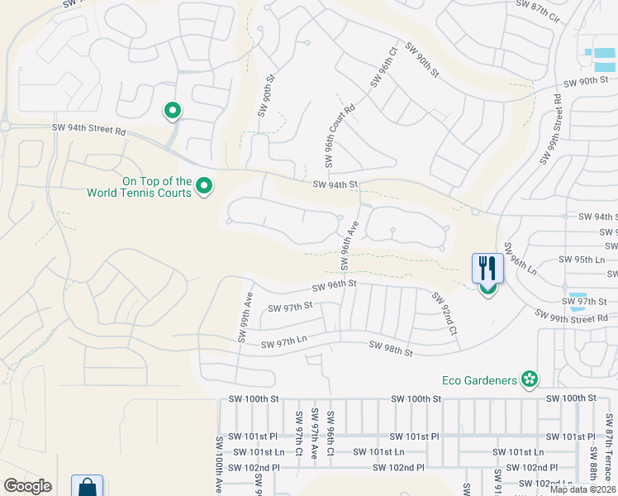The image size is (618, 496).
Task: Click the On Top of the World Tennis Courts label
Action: (140, 187)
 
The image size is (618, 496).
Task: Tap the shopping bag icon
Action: (87, 487)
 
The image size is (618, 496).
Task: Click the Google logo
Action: (27, 486)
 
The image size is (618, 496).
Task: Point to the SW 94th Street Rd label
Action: (88, 129)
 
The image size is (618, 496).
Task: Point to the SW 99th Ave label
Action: (245, 316)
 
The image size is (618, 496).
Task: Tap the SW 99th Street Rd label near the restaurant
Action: (571, 316)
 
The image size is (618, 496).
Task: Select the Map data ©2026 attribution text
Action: (582, 489)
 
